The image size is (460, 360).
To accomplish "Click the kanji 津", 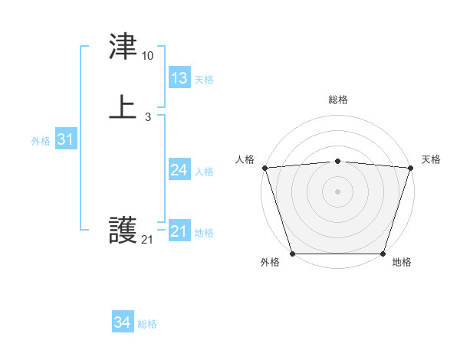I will [x=123, y=47].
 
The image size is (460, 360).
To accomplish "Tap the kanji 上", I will [x=123, y=106].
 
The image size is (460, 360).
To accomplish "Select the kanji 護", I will [x=123, y=230].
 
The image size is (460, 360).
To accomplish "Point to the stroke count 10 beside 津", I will [x=147, y=56].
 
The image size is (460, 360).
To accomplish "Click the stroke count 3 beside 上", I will [x=147, y=116].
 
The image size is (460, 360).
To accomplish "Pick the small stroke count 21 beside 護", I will [x=147, y=240].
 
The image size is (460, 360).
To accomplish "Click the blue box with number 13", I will [x=179, y=78].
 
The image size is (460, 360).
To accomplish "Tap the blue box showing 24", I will [x=179, y=170].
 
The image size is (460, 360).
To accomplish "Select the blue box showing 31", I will [x=65, y=140].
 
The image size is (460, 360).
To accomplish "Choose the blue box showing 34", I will [x=123, y=323].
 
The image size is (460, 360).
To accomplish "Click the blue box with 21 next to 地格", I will [x=179, y=231].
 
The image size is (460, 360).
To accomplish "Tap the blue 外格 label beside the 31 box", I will [x=41, y=141].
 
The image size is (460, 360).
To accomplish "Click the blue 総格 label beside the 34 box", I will [x=147, y=324].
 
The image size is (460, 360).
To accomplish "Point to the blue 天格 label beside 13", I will [x=204, y=80].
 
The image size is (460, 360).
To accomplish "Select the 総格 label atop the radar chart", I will [x=338, y=100].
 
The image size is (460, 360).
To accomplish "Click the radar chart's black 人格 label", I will [x=245, y=159].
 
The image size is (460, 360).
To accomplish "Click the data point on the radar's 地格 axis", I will [x=383, y=253].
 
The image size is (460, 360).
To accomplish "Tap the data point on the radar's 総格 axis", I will [x=338, y=161].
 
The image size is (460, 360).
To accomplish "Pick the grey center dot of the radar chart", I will [x=338, y=191].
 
